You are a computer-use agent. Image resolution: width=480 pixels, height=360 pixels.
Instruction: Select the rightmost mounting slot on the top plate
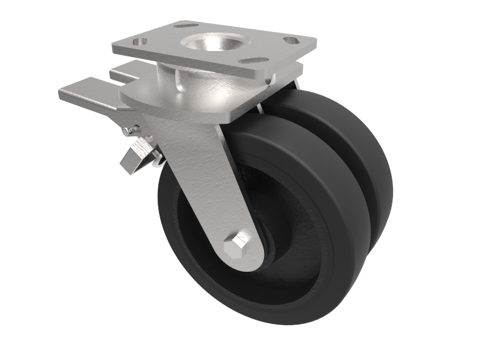pyautogui.click(x=292, y=41)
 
